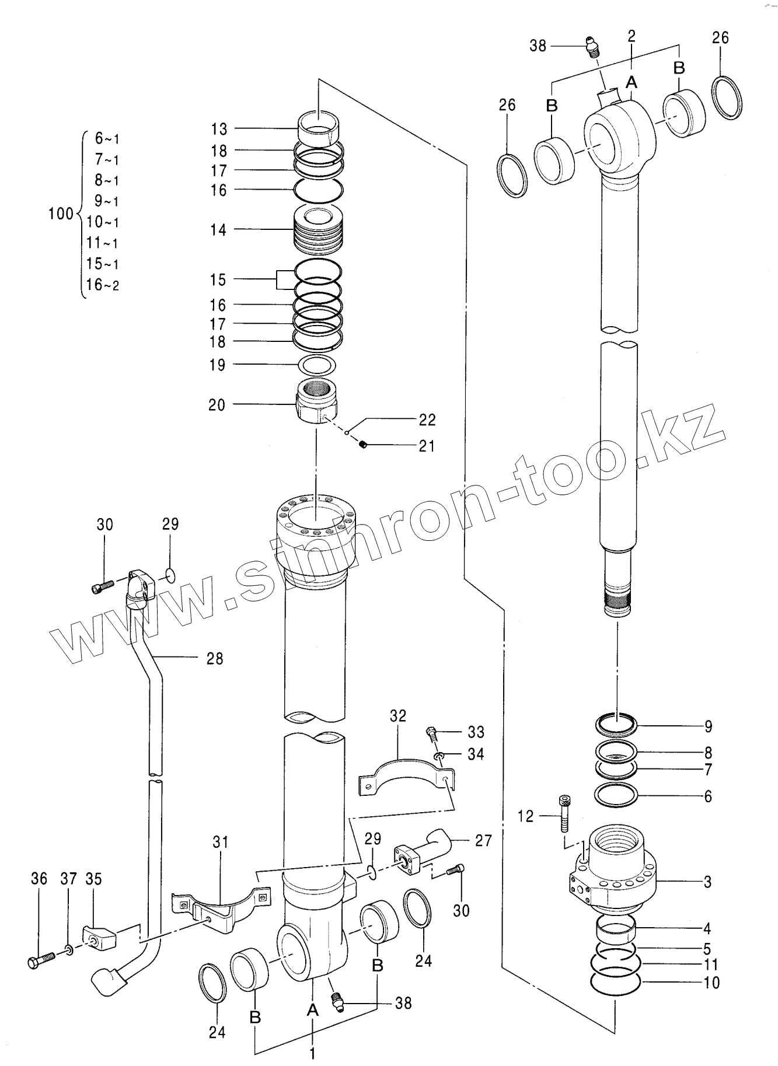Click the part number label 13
coord(219,129)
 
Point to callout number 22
coord(427,420)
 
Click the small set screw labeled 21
coord(362,446)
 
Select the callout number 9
coord(707,726)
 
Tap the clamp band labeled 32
coord(406,771)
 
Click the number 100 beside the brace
coord(61,214)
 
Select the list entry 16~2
coord(103,285)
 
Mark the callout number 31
coord(220,842)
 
